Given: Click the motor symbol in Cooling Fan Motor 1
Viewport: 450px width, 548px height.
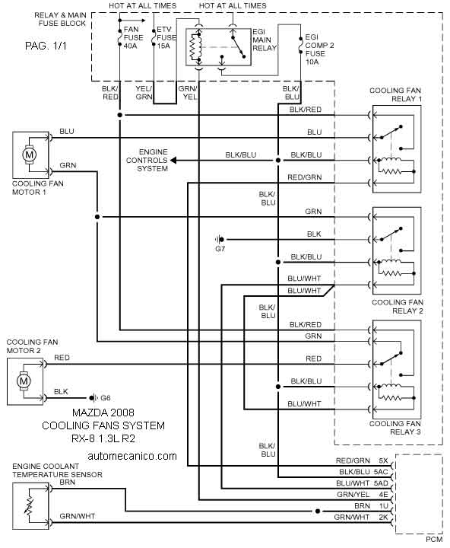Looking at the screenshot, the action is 29,155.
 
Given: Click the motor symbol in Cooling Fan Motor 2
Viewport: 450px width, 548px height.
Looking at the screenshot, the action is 24,381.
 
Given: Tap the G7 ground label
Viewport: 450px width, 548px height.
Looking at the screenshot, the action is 220,249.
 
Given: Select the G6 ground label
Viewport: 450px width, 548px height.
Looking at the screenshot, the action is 106,398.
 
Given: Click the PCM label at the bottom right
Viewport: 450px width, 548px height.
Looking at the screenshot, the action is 434,540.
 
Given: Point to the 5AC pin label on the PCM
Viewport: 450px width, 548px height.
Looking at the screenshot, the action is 381,472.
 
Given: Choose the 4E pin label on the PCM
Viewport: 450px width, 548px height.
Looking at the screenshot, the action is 383,494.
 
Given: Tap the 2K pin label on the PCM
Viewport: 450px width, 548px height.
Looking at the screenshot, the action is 383,517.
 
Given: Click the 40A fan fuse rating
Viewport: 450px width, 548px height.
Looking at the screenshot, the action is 130,46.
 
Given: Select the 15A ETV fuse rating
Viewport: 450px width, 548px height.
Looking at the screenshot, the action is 163,46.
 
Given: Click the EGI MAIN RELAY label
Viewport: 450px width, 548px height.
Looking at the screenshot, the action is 265,40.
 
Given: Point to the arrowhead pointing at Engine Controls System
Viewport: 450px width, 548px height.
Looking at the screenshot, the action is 173,161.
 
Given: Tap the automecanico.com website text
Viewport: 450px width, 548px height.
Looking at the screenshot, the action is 132,456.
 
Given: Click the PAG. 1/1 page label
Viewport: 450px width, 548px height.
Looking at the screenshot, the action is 46,46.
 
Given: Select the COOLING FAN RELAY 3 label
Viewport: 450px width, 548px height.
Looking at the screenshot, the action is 395,428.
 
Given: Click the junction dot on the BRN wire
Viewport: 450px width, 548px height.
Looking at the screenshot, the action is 317,511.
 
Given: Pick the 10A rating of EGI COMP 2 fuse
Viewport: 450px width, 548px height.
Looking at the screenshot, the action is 312,62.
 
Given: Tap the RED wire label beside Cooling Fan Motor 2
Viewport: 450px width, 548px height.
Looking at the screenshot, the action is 62,358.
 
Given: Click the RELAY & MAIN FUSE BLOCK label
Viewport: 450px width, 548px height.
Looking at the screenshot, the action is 60,19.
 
